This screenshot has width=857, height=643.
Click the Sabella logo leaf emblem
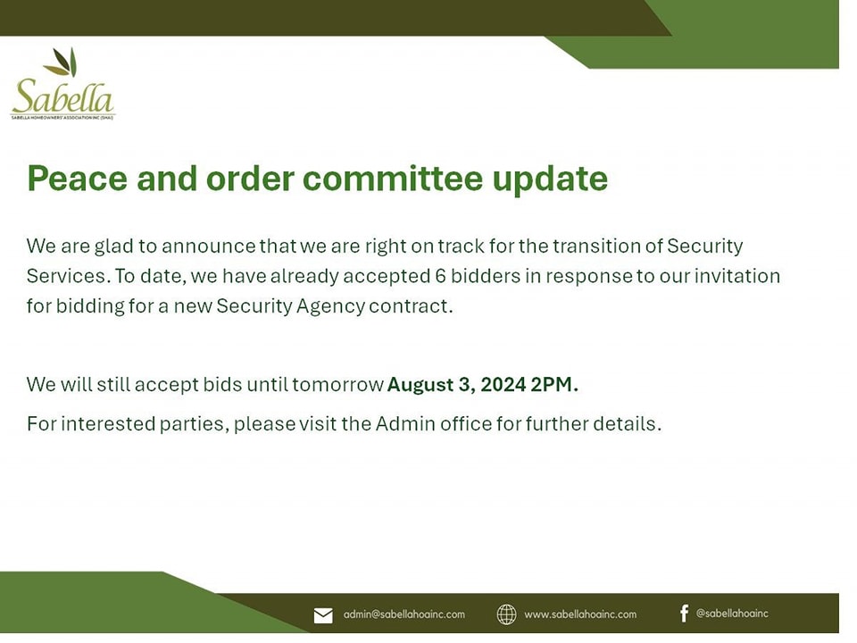coord(62,62)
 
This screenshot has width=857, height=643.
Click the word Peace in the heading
coord(77,179)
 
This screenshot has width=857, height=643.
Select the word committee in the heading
coord(393,179)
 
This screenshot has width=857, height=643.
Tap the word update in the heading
coord(550,180)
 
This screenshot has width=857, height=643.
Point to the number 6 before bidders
coord(440,276)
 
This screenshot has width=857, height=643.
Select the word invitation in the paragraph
coord(737,276)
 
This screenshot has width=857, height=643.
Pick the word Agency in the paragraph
coord(330,306)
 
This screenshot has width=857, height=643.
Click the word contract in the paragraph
coord(411,306)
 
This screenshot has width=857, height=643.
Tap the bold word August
coord(420,385)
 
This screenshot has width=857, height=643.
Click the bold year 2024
coord(503,384)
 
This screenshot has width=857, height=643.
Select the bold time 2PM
coord(554,384)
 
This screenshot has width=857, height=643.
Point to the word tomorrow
coord(337,385)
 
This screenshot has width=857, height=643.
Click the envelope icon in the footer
coord(323,615)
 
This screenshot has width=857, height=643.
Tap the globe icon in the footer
coord(507,614)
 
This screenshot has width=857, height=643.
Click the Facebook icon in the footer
coord(685,614)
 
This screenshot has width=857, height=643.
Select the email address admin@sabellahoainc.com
coord(404,614)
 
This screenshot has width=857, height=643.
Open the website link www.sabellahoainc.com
coord(580,614)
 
